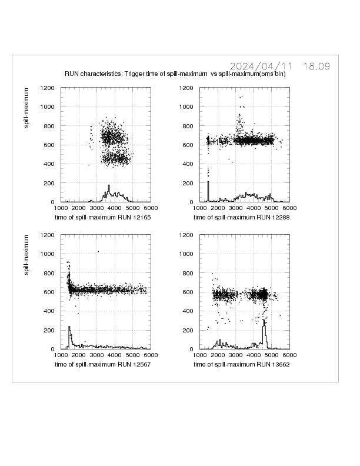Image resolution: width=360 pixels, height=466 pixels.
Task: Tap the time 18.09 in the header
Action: click(316, 66)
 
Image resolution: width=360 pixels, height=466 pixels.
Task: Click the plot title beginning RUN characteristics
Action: click(175, 74)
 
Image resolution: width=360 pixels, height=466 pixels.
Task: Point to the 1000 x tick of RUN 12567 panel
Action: click(61, 355)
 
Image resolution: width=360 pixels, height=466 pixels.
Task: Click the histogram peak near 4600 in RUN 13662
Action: click(264, 329)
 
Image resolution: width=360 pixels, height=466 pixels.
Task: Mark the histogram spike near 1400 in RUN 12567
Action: click(69, 334)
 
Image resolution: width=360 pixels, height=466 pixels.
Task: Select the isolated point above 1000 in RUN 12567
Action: click(98, 252)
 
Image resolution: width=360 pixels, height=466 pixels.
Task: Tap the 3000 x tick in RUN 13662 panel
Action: click(236, 355)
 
